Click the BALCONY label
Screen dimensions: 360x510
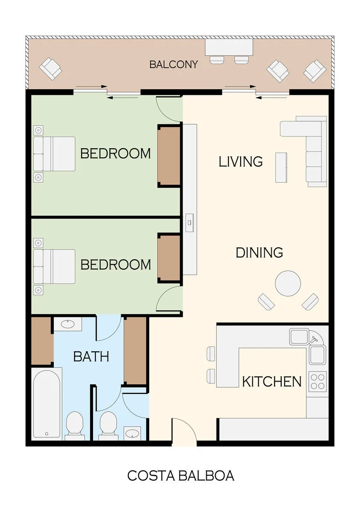pyautogui.click(x=174, y=64)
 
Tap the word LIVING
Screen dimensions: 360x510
pyautogui.click(x=241, y=161)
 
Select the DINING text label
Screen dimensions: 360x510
pyautogui.click(x=260, y=253)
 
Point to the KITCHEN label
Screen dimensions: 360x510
pyautogui.click(x=272, y=382)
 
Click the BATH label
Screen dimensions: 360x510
pyautogui.click(x=91, y=357)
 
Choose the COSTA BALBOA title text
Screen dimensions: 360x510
pyautogui.click(x=181, y=476)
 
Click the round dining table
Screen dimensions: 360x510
pyautogui.click(x=288, y=283)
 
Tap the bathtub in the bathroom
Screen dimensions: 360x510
pyautogui.click(x=47, y=404)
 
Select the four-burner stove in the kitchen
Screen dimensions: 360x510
pyautogui.click(x=317, y=382)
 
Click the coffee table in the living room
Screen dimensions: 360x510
pyautogui.click(x=281, y=168)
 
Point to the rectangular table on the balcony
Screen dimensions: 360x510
pyautogui.click(x=229, y=48)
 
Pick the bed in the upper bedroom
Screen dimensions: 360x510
pyautogui.click(x=54, y=154)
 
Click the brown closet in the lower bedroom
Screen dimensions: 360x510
pyautogui.click(x=169, y=259)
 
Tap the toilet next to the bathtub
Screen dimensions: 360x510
pyautogui.click(x=75, y=425)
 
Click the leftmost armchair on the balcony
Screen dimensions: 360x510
pyautogui.click(x=50, y=68)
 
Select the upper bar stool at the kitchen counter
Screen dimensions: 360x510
pyautogui.click(x=211, y=354)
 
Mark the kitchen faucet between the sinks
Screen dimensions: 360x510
pyautogui.click(x=314, y=340)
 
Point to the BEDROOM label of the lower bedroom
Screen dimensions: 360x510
pyautogui.click(x=116, y=265)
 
